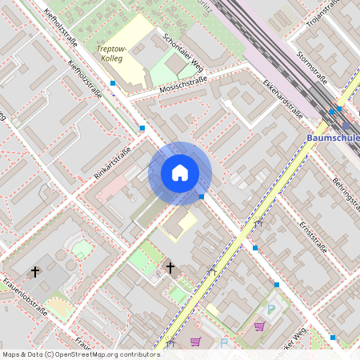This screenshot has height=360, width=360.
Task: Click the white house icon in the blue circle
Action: point(180,173)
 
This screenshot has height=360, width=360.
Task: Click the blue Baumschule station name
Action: point(333,138)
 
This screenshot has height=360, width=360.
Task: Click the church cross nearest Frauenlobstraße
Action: point(34,273)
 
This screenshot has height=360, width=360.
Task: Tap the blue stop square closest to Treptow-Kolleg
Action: point(113,83)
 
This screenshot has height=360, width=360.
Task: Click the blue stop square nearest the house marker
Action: point(202,196)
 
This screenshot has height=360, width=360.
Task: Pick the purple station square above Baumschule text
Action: point(346,125)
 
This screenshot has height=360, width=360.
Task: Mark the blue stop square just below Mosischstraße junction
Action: point(142,128)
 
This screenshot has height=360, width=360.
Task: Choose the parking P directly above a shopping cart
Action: point(270,310)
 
